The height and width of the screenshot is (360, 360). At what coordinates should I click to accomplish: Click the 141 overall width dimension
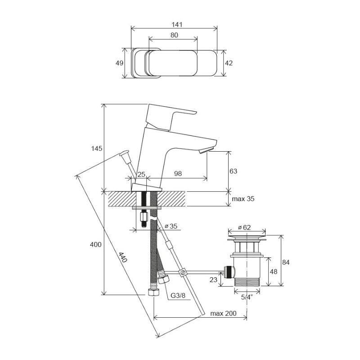coord(174,24)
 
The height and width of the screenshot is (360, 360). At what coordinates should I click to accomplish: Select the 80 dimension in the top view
coord(174,35)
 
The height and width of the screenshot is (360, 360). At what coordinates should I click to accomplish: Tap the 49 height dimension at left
coord(119,63)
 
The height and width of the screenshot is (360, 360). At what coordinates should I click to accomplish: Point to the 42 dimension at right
coord(229,63)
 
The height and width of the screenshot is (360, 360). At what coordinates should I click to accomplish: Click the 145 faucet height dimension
coord(96,148)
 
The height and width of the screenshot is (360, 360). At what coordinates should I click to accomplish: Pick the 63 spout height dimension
coord(233,171)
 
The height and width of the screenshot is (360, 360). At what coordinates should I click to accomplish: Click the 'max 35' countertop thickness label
coord(243,198)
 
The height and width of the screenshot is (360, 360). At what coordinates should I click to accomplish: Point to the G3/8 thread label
coord(178,296)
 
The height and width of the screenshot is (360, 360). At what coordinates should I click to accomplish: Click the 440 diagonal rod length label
coord(123,258)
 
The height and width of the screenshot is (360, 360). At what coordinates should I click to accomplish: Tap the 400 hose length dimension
coord(95,244)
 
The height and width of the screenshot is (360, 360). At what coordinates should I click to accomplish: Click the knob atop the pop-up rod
coord(124,156)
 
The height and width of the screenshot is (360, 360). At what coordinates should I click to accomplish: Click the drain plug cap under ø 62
coord(247,235)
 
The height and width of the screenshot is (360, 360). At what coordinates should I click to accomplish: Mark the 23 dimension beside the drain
coord(213,279)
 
